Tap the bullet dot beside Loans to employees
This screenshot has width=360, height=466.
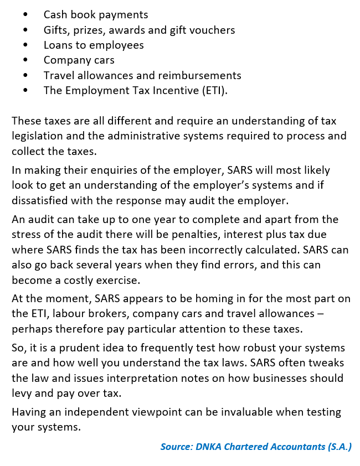coord(25,45)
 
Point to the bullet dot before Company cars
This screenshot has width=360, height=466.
coord(25,60)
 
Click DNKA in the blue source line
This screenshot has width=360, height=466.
coord(207,446)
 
